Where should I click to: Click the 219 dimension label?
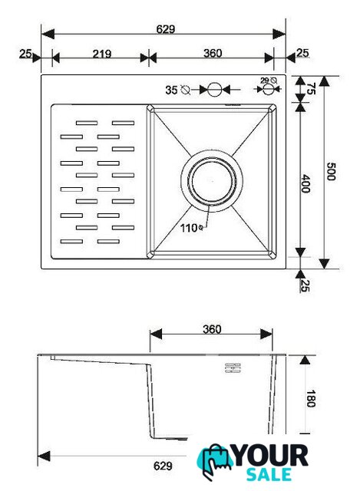102,54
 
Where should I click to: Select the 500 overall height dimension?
331,171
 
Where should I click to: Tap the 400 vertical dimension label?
306,183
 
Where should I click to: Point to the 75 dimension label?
310,89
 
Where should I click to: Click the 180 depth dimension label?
311,398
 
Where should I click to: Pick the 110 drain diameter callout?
191,228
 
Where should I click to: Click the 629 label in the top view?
166,29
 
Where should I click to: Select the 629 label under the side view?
163,466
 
